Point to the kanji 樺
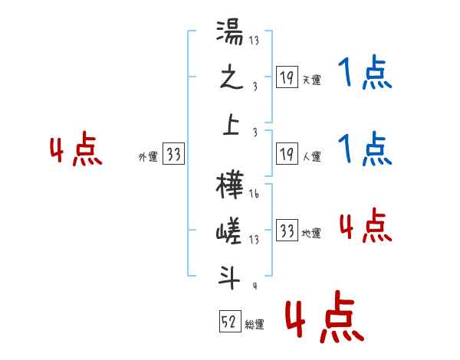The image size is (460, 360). pos(230,188)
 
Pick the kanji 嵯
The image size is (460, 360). pos(230,230)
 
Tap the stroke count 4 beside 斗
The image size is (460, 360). pos(254,286)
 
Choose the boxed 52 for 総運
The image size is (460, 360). pos(230,322)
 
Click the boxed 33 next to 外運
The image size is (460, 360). pos(174,155)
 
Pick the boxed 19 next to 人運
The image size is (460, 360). pos(287,155)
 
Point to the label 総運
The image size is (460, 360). pos(255,325)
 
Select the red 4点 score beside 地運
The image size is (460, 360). pos(365,226)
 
